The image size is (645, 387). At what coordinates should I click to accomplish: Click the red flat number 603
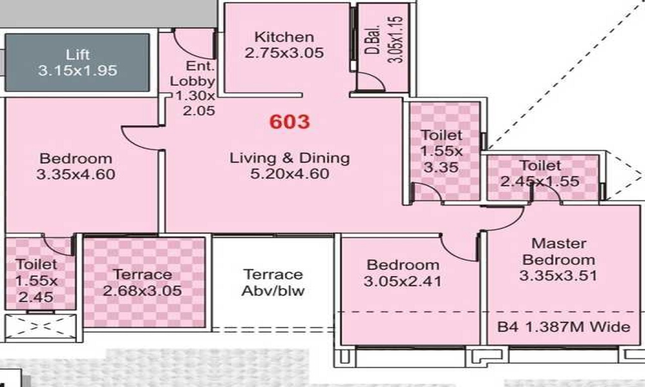(x=290, y=121)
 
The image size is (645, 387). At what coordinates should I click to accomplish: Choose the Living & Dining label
(x=290, y=157)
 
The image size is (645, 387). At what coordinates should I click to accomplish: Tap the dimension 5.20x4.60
(x=290, y=174)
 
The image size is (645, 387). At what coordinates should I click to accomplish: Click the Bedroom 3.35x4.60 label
(x=75, y=166)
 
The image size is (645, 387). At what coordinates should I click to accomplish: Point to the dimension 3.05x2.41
(x=403, y=282)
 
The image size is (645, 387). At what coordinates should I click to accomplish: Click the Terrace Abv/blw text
(x=272, y=283)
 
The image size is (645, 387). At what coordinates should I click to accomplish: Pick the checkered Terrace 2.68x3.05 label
(x=142, y=283)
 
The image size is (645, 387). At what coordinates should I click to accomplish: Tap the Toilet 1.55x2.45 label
(x=37, y=281)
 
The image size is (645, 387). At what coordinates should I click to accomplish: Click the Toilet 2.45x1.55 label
(x=541, y=174)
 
